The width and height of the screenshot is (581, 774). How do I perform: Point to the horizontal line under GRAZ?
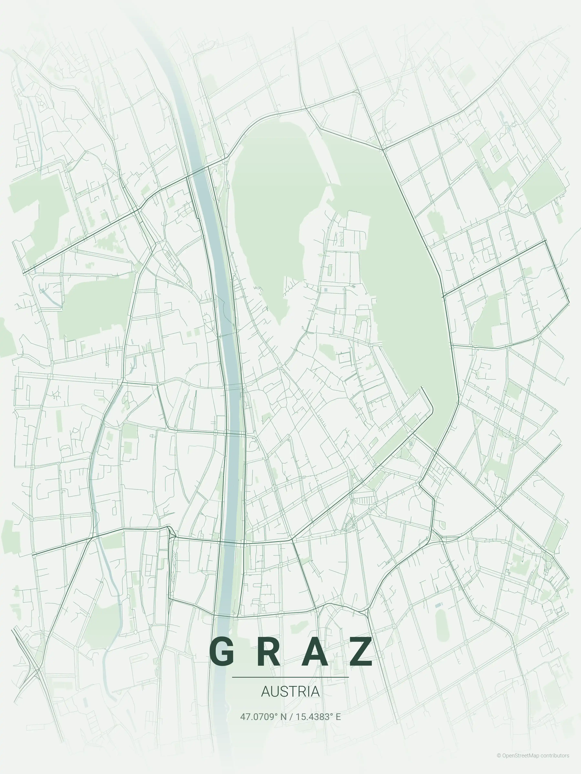click(x=290, y=677)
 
